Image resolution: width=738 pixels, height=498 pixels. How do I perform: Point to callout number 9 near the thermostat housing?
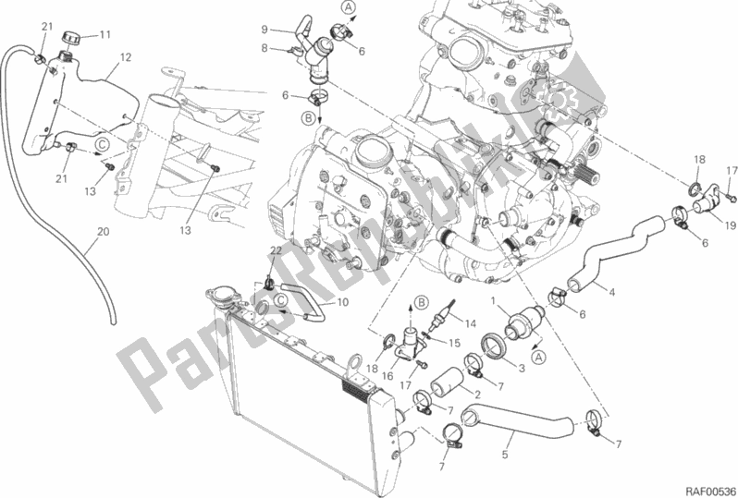[x=264, y=30]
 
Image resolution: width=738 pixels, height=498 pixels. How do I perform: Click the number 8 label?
[x=264, y=47]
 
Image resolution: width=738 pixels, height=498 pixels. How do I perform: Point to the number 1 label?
[x=494, y=302]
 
